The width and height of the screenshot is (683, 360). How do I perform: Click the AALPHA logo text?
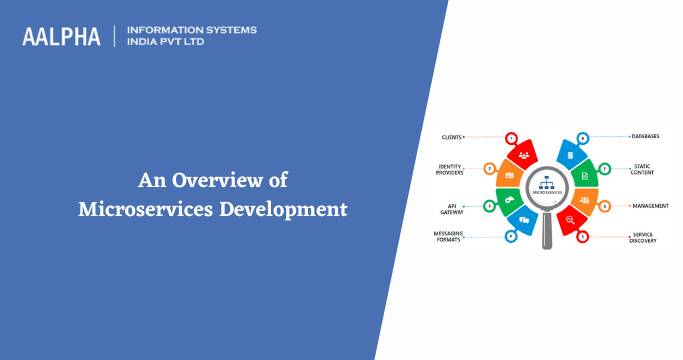[x=62, y=36]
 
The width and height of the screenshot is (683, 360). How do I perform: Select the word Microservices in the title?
[x=145, y=209]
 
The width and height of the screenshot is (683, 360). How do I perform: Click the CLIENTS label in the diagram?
[x=450, y=135]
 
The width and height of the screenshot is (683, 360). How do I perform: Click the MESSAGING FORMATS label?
[x=449, y=236]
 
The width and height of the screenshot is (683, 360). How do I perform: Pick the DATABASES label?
[x=645, y=136]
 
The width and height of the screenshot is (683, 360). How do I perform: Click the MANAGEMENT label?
[x=650, y=206]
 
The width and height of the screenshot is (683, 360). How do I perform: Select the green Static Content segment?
[x=585, y=176]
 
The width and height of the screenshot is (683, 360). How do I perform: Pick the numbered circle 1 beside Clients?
[x=512, y=136]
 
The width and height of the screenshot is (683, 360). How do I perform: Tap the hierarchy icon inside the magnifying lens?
[x=546, y=184]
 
